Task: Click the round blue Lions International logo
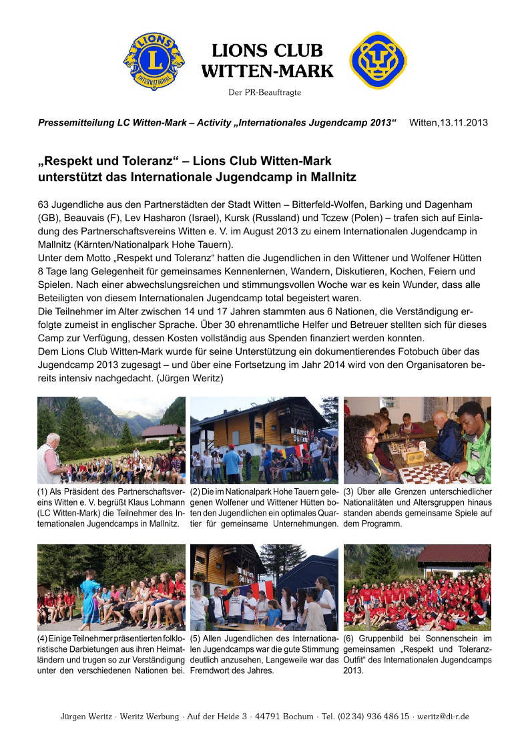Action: (154, 61)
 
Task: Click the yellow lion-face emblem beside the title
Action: (378, 60)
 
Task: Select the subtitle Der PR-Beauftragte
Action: (264, 92)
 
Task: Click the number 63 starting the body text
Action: (44, 202)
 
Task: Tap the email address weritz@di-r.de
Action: (443, 717)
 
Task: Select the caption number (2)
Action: (196, 493)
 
